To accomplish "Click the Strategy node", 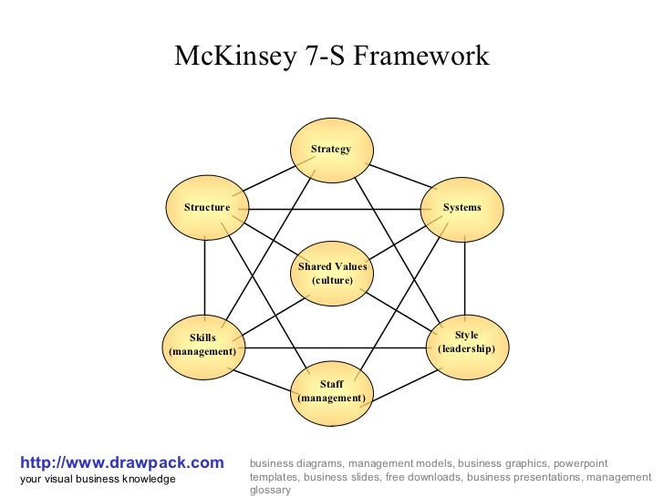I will coord(331,150).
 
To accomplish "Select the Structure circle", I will coord(207,208).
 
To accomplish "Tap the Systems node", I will coord(462,208).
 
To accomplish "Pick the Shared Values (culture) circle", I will coord(332,274).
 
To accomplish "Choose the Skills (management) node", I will coord(202,344).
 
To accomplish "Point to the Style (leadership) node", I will coord(466,343).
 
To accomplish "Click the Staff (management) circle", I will coord(331,391).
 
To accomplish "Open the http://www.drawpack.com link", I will coord(121,462).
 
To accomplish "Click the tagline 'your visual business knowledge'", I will coord(98,479).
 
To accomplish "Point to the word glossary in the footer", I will coord(270,490).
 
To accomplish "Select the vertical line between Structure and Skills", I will coord(205,274).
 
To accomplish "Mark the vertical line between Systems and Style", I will coord(465,274).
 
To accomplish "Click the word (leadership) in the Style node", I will coord(466,349).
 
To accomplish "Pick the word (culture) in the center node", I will coord(332,280).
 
